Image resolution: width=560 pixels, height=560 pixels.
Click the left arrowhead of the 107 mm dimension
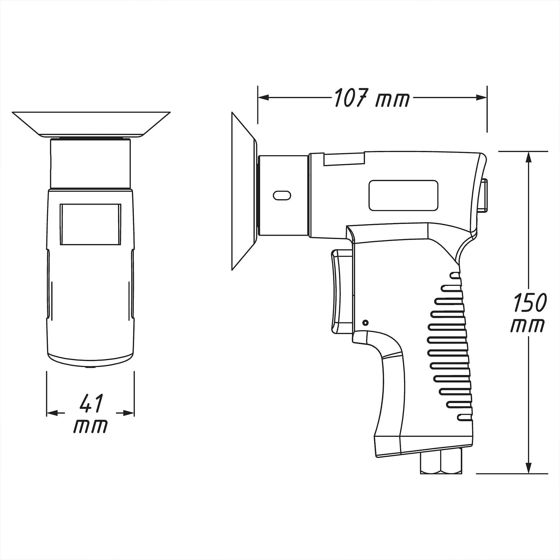coord(263,98)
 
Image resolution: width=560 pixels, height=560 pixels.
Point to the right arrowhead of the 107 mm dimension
coord(481,98)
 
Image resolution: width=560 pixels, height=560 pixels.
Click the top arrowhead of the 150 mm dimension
coord(529,157)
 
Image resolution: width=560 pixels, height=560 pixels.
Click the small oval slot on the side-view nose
coord(282,195)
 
